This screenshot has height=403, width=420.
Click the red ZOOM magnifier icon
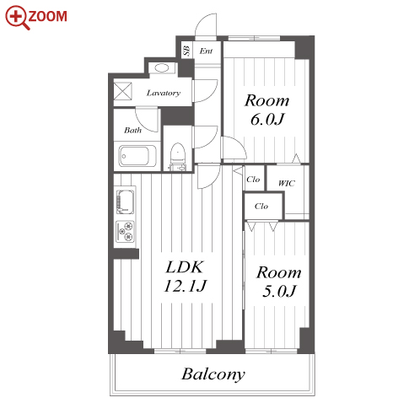[x=18, y=17]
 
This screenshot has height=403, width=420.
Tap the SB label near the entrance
[x=186, y=51]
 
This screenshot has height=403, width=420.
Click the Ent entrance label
[x=206, y=51]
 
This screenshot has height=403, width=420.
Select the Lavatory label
[x=164, y=93]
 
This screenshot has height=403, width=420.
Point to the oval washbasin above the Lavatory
[x=162, y=67]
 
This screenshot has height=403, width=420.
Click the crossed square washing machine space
[x=123, y=91]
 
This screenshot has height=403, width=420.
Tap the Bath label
[x=132, y=130]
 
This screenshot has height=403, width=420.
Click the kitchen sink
[x=125, y=202]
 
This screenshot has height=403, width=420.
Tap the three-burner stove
[x=125, y=232]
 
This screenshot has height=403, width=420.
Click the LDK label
[x=185, y=267]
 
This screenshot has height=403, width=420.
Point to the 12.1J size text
[x=185, y=286]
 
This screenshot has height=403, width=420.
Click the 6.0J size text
[x=267, y=119]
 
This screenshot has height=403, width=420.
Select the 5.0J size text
[x=279, y=291]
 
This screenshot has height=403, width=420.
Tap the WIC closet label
[x=287, y=183]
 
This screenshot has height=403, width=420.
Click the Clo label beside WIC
[x=253, y=180]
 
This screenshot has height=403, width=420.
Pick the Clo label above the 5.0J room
[x=261, y=206]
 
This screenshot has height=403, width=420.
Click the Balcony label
[x=213, y=374]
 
